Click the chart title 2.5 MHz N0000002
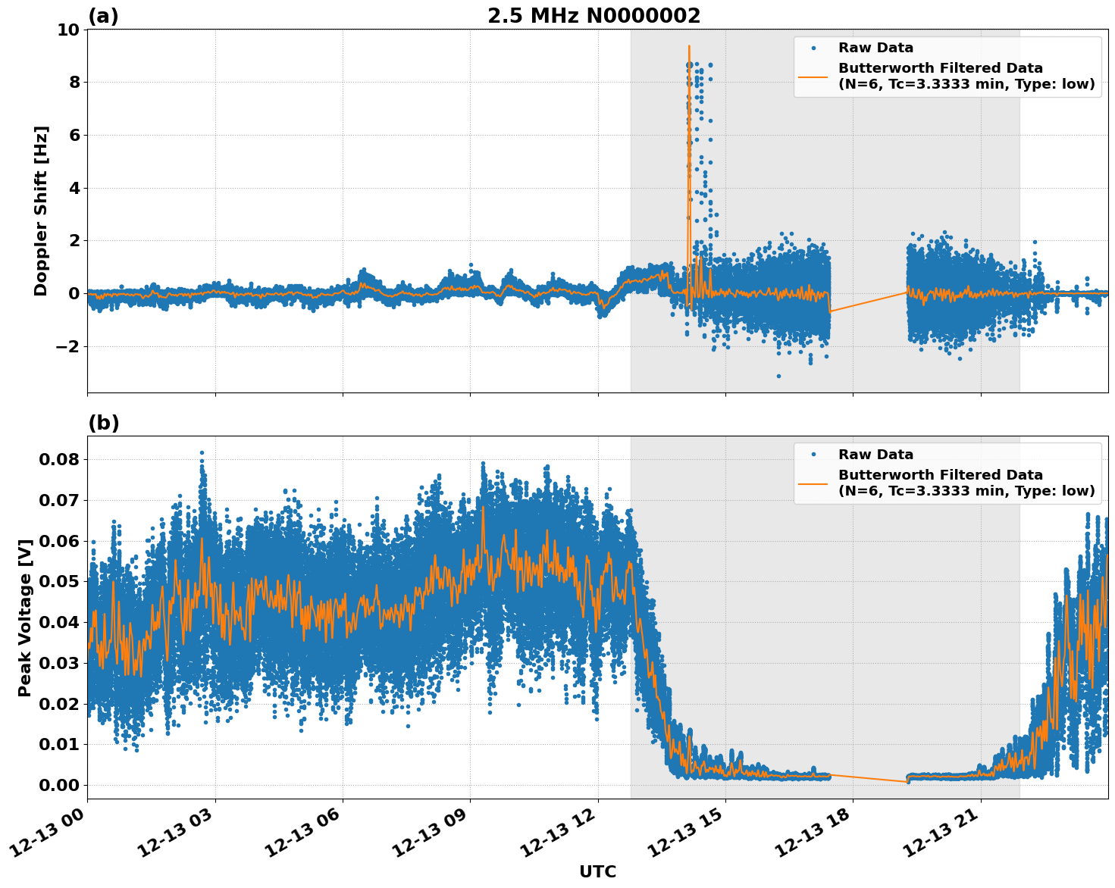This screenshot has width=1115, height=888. coord(594,16)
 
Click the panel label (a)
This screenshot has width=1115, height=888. coord(103,16)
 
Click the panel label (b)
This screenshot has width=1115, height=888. coord(104,423)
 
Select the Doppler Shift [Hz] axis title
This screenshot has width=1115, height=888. coord(41,211)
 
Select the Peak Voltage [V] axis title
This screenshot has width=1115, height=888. coord(25,618)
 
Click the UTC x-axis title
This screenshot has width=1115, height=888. coord(597,871)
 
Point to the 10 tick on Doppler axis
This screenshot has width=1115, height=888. coord(68,30)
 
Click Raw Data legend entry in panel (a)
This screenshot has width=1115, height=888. coord(875,48)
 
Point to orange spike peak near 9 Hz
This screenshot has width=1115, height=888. coord(689,46)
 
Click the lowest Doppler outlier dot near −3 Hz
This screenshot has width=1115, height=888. coord(778,376)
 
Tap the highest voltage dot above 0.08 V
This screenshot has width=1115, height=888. coord(202,453)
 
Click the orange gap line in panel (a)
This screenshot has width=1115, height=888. coord(869,302)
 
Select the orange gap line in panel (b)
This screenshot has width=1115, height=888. coord(869,778)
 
